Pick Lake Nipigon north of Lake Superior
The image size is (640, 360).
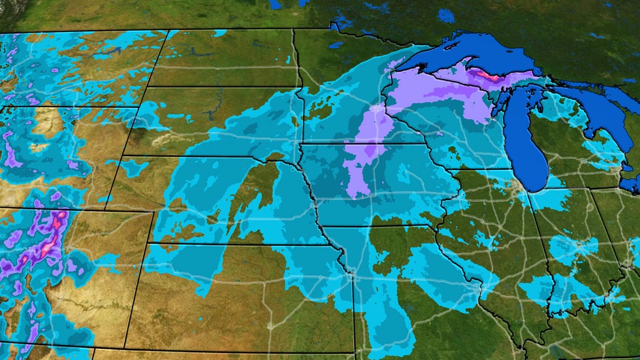[x=447, y=15]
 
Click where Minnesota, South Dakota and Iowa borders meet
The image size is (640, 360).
[x=302, y=142]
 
